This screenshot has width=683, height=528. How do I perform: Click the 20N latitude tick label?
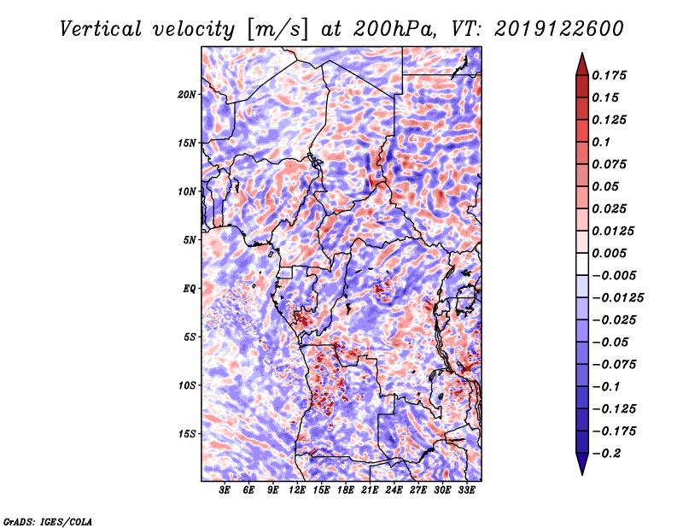pos(187,95)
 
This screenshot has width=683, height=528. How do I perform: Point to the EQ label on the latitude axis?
pos(189,289)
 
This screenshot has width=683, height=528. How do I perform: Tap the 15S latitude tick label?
pos(187,434)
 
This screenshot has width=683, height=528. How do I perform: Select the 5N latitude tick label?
pos(190,240)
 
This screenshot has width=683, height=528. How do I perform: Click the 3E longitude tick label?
pos(225,490)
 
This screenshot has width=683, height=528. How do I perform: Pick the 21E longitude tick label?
pos(370,490)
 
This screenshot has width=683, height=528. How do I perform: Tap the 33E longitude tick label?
pos(466,490)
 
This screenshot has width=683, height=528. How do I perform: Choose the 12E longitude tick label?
pos(297,490)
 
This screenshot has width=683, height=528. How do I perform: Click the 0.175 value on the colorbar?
pos(609,75)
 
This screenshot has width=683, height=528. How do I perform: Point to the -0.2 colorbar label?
pos(606,454)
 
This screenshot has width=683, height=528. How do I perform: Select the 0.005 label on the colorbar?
pos(609,253)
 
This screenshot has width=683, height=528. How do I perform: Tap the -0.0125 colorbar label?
pos(617,298)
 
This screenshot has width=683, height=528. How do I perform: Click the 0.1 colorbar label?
pos(601,142)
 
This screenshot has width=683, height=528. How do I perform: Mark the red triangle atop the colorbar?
pos(582,64)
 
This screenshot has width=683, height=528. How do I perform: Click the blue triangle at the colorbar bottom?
pos(582,464)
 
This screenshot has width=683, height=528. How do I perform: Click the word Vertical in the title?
pos(101,29)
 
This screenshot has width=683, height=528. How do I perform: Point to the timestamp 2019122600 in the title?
pos(559,29)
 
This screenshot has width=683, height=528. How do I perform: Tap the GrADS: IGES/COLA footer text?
pos(48,522)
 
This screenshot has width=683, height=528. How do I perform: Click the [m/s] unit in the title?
pos(277,30)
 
